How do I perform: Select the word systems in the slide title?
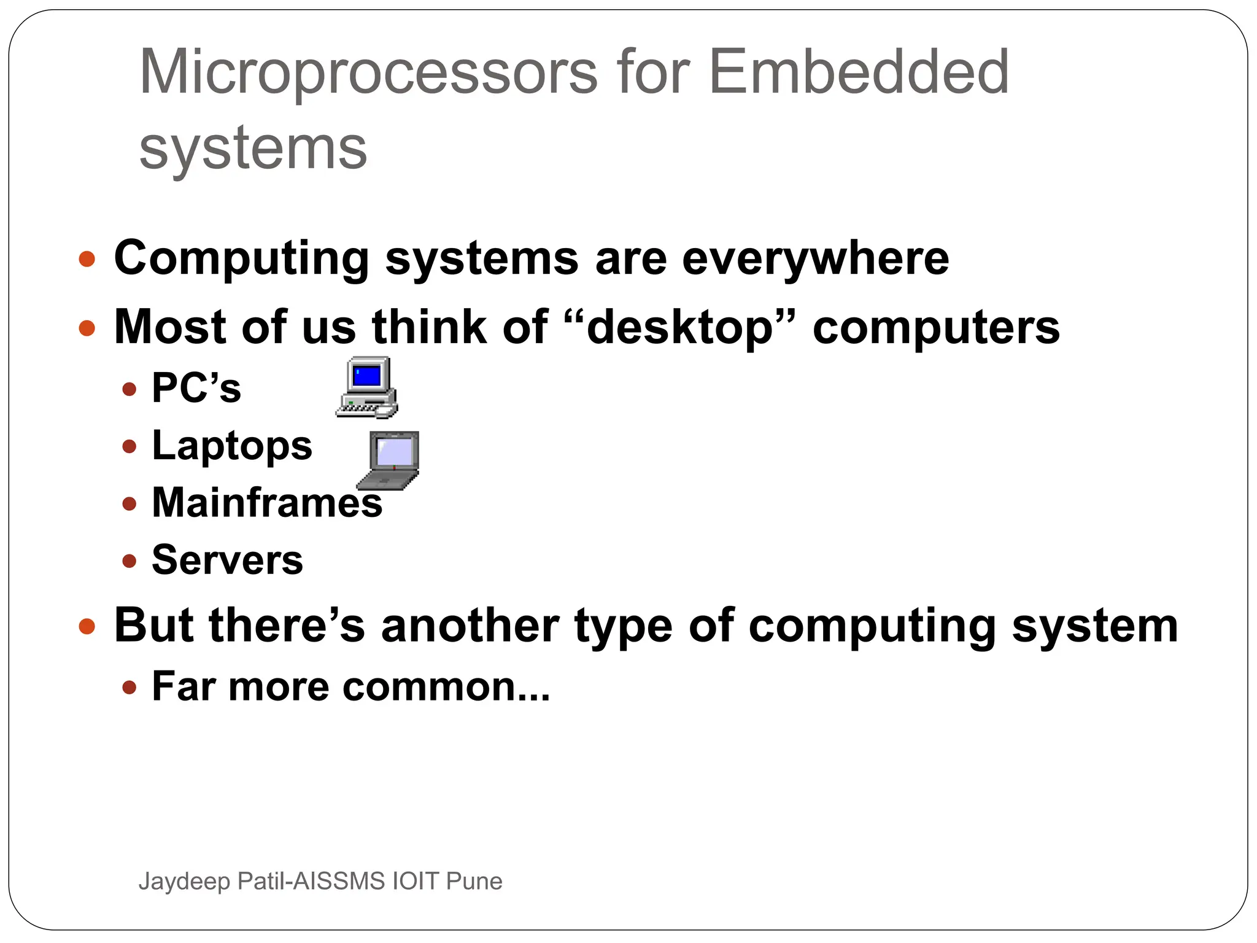pos(253,149)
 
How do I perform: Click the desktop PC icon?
pos(367,388)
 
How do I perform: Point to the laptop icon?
pos(389,460)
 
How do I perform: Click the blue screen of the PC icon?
pos(367,375)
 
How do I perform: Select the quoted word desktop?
pos(679,327)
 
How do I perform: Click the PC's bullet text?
pos(196,388)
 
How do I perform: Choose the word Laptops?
pos(232,446)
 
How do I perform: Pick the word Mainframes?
pos(267,503)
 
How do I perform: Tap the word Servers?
pos(227,560)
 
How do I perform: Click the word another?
pos(470,626)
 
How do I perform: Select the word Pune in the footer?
pos(474,881)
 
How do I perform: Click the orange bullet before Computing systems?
pos(87,259)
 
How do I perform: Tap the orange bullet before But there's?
pos(87,627)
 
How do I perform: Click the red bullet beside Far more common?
pos(129,687)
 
